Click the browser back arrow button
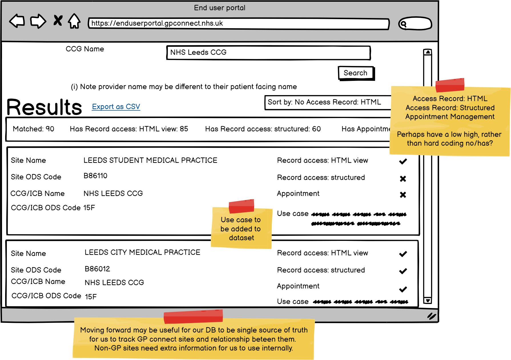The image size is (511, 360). (17, 21)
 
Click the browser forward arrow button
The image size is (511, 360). (38, 21)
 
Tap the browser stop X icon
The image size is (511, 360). (58, 21)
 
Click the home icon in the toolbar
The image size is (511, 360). (74, 21)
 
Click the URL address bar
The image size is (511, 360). (238, 24)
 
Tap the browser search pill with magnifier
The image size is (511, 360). (415, 24)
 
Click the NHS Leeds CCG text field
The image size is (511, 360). (268, 53)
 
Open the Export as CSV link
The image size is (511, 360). (116, 107)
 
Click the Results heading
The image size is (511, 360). (44, 107)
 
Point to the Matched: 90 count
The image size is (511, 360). (33, 129)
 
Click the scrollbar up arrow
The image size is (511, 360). (427, 52)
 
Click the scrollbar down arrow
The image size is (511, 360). (427, 300)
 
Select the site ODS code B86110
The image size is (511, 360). (95, 176)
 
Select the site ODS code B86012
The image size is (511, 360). (97, 269)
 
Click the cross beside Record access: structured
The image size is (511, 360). (403, 179)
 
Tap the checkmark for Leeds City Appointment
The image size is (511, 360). (403, 289)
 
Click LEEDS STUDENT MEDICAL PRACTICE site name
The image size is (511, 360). (150, 161)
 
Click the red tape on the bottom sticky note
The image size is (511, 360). (193, 317)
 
